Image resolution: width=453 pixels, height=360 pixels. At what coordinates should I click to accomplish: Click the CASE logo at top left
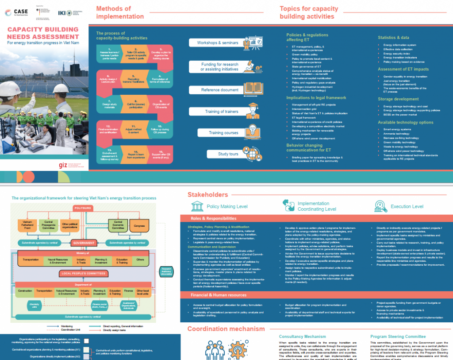pos(17,12)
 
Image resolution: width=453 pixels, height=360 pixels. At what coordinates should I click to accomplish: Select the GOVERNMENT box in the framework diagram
pos(84,243)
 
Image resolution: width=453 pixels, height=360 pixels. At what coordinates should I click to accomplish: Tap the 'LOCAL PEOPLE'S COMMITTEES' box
pos(84,274)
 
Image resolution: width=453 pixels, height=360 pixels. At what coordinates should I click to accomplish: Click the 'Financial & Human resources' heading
pos(219,295)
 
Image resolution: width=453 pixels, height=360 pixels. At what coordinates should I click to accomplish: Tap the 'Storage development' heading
pos(398,99)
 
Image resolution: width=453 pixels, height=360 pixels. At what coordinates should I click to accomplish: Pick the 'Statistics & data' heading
pos(393,38)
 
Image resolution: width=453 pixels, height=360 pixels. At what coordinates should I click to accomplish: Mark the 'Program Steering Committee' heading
pos(398,337)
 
